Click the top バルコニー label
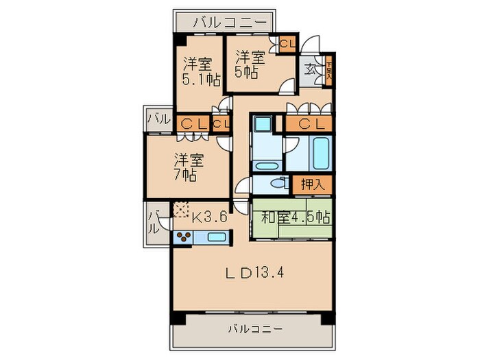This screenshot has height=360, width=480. tap(228, 22)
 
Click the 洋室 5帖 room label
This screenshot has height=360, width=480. tap(250, 64)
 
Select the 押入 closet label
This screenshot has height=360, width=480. tap(312, 184)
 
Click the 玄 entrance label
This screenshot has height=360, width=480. tap(310, 69)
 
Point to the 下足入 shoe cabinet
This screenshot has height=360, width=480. tap(329, 69)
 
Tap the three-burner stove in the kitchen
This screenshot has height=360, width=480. tap(183, 237)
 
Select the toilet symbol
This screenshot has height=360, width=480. tap(278, 184)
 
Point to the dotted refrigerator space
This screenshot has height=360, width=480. tap(181, 208)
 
